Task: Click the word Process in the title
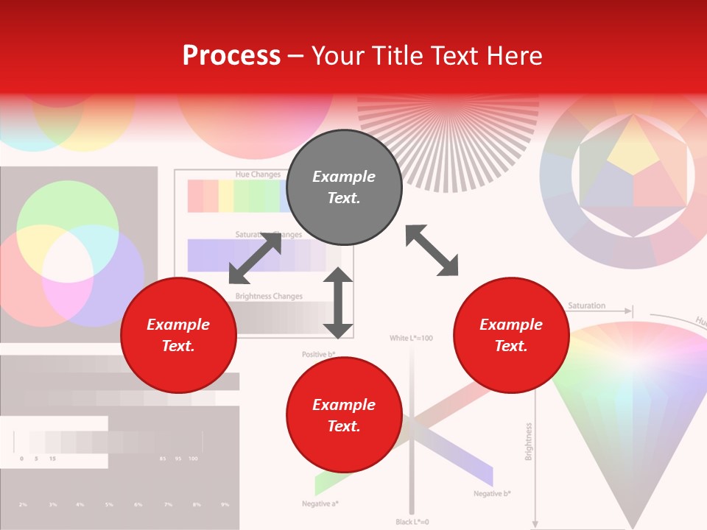(231, 55)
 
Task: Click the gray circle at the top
(344, 188)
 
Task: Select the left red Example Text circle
(178, 335)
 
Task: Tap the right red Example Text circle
(511, 335)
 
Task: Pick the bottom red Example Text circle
(344, 415)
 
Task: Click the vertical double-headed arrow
(338, 303)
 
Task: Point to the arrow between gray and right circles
(432, 250)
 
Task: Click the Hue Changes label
(257, 174)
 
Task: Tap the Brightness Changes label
(269, 296)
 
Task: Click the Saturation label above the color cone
(587, 305)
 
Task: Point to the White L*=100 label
(411, 338)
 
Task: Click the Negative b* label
(492, 493)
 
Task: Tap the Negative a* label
(320, 504)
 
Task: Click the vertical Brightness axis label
(529, 442)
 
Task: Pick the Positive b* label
(319, 355)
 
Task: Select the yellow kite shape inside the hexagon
(633, 147)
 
